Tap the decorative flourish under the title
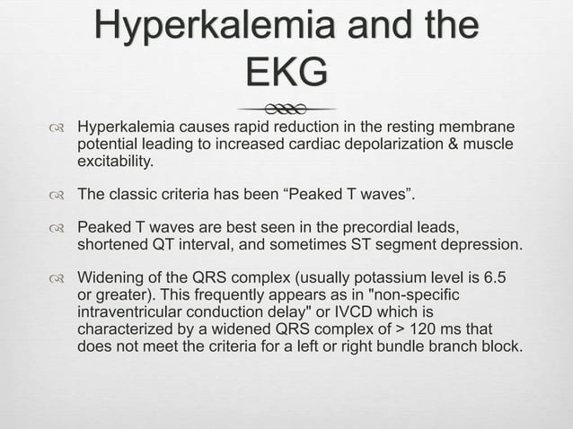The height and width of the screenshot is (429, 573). click(x=286, y=107)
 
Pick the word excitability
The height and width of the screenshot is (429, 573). click(x=115, y=162)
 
